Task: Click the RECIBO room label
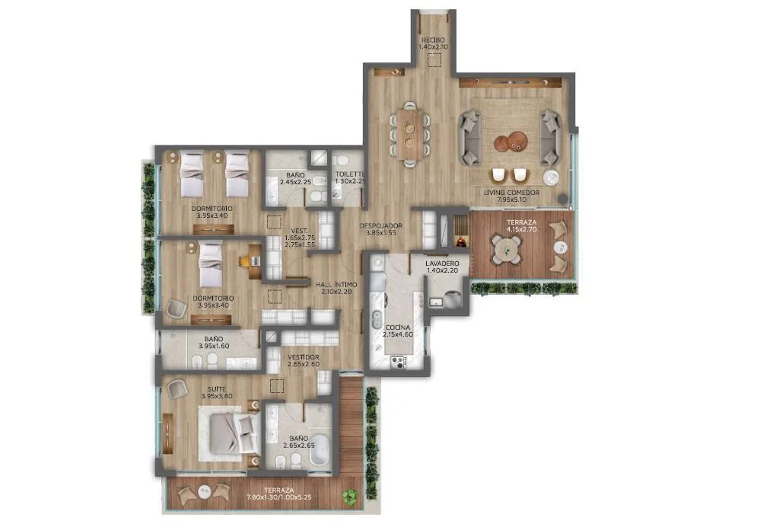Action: coord(433,40)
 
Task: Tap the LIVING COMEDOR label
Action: coord(512,193)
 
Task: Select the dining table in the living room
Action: coord(410,134)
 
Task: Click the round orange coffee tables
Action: coord(510,142)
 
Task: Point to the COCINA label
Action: coord(398,327)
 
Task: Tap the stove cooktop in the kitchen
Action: coord(398,362)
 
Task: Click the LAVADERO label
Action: coord(442,264)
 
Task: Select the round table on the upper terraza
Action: coord(507,249)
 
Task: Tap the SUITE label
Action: coord(217,389)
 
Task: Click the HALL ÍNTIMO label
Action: coord(336,285)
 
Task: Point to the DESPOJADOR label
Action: coord(381,225)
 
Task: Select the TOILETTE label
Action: coord(350,174)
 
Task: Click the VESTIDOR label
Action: coord(304,357)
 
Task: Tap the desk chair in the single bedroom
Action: coord(245,261)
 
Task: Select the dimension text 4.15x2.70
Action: coord(521,229)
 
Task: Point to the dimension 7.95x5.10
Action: coord(512,199)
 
